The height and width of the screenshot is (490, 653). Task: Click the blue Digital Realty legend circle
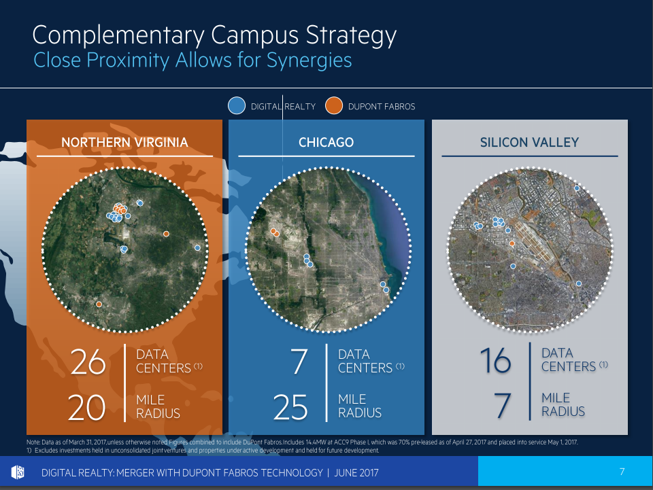point(236,106)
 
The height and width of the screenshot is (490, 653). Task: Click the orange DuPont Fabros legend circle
point(333,106)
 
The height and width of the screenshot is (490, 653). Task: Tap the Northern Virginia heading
point(124,143)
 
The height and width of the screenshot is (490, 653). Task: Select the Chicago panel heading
point(326,143)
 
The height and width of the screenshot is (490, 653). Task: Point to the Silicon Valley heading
point(529,143)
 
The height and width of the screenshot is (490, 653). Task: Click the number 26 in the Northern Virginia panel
point(89,363)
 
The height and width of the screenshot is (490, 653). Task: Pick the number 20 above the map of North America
point(87,406)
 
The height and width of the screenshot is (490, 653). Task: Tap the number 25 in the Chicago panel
point(290,406)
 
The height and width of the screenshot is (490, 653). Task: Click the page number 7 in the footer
point(622,472)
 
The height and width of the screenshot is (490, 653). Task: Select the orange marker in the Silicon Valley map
point(512,243)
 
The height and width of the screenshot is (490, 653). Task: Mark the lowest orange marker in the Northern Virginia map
point(99,304)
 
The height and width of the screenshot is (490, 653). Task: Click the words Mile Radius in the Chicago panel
point(360,406)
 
